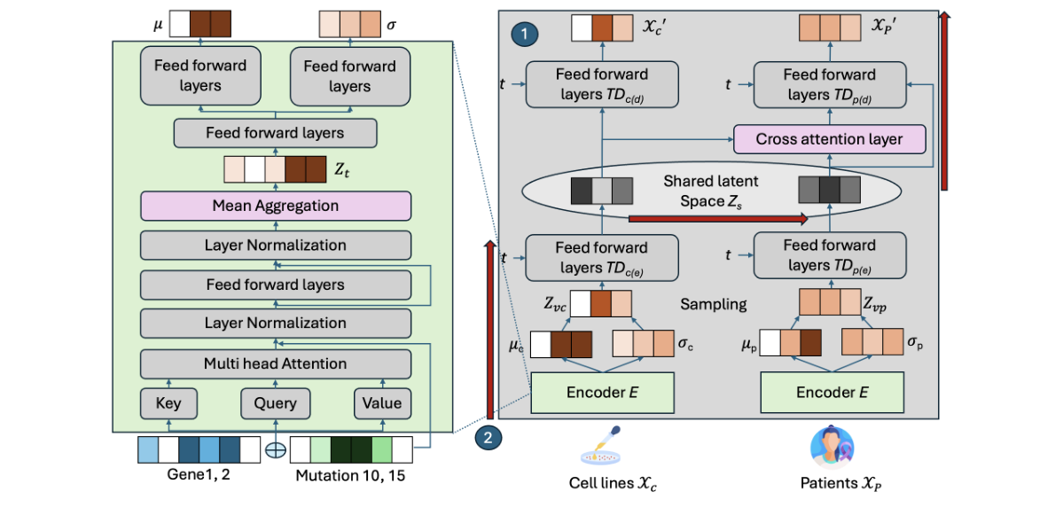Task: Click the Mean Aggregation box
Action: tap(276, 206)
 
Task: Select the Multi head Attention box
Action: tap(276, 363)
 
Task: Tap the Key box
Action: tap(168, 403)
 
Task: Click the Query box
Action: tap(276, 403)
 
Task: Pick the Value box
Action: tap(382, 403)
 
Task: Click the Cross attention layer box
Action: tap(829, 139)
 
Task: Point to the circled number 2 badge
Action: tap(489, 436)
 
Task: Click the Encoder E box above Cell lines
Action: tap(602, 393)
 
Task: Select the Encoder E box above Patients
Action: tap(832, 393)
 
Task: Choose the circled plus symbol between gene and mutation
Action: tap(276, 450)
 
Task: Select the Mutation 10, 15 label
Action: tap(351, 475)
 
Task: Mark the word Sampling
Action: tap(713, 304)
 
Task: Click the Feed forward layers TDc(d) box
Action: tap(602, 84)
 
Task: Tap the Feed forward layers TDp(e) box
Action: tap(829, 255)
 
